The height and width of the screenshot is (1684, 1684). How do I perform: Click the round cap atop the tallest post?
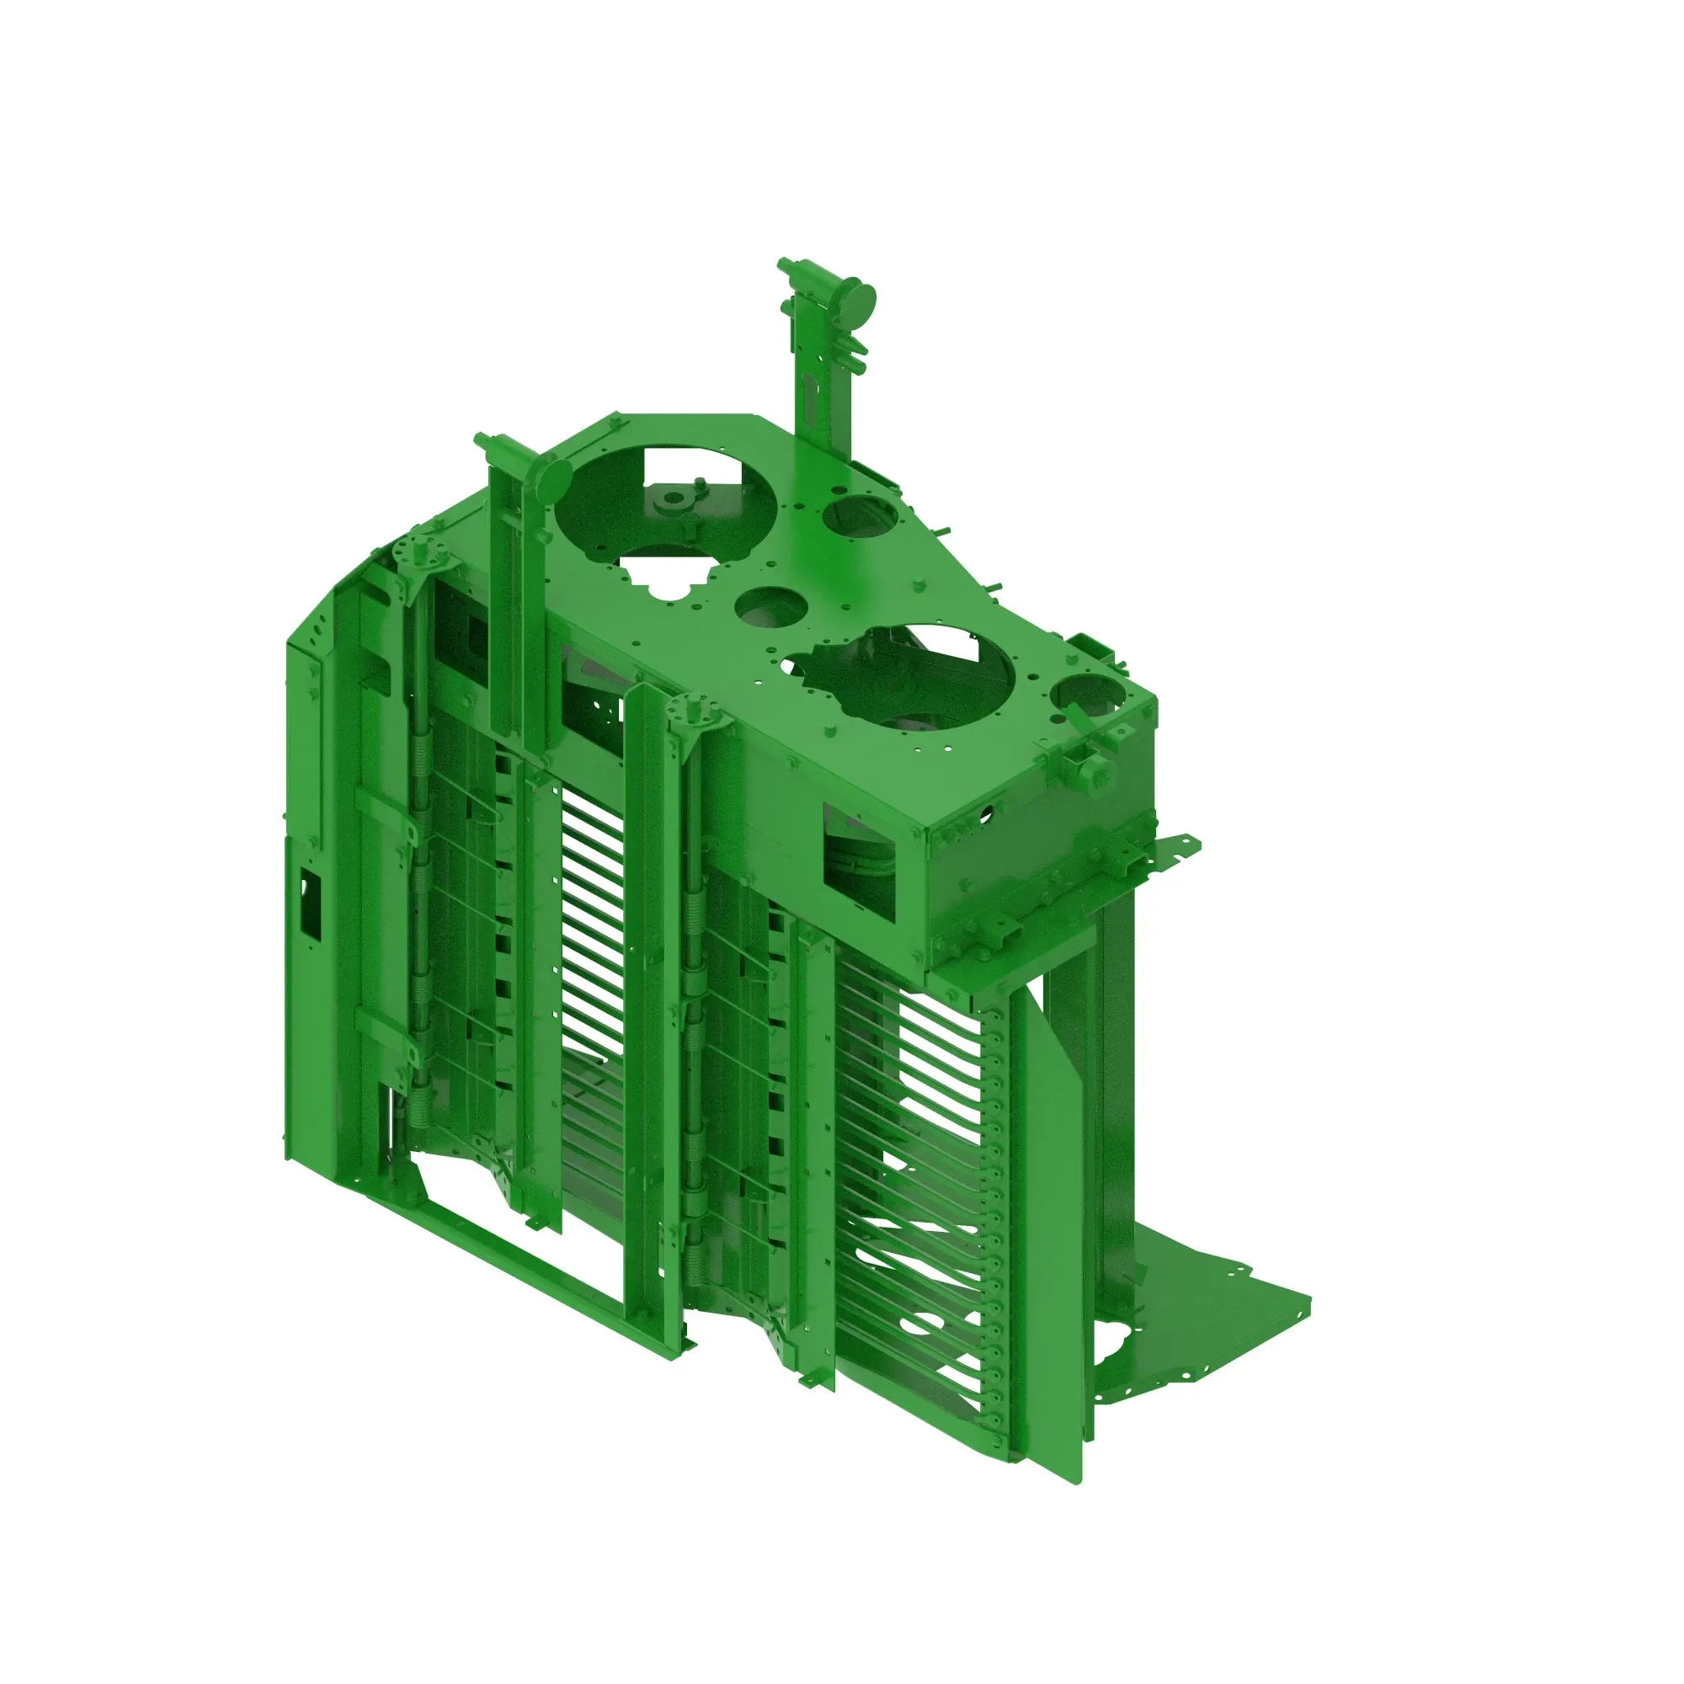(x=861, y=301)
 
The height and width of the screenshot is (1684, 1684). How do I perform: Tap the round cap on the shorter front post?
(x=552, y=478)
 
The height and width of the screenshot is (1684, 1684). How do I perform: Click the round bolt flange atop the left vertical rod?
(x=423, y=552)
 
